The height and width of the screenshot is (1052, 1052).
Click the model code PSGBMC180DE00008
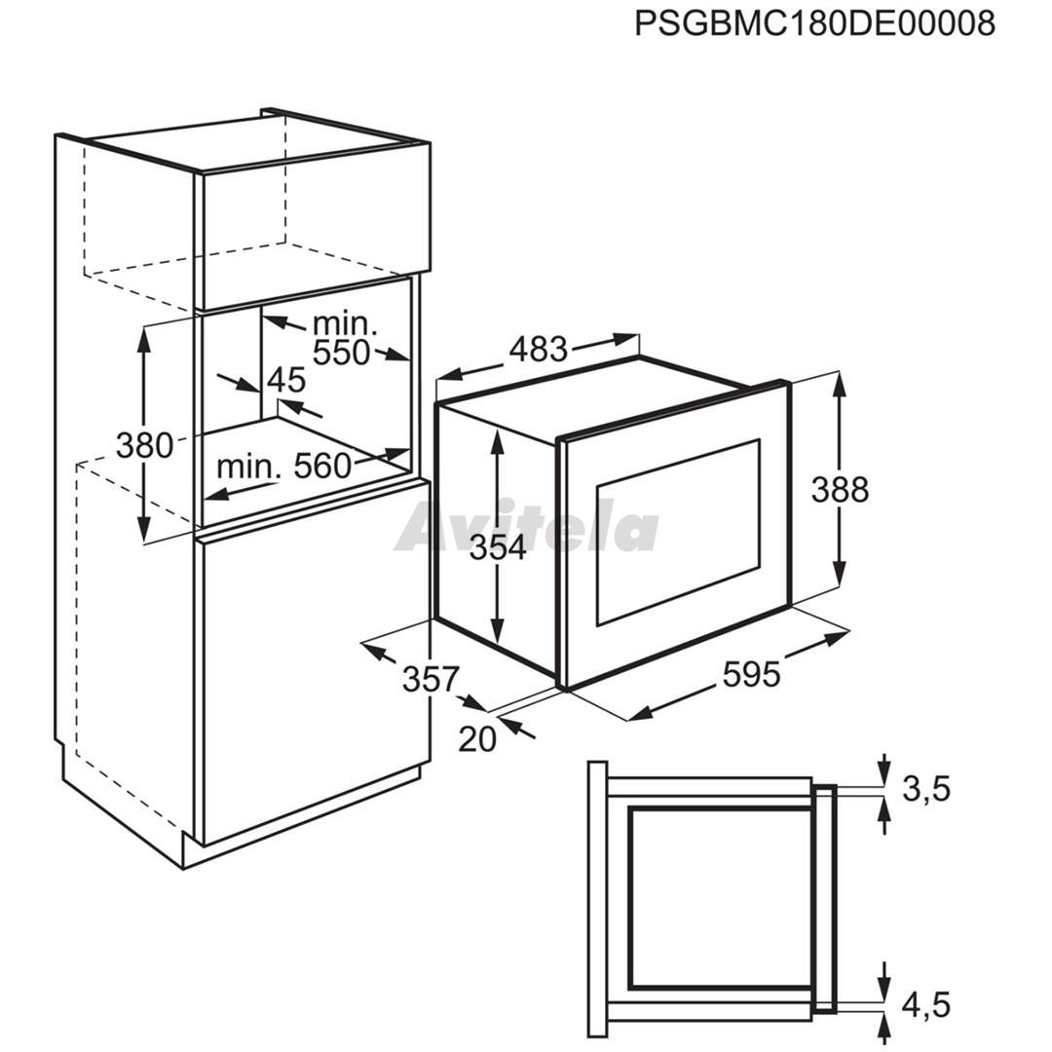point(814,24)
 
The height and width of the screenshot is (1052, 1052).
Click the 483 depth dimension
point(538,350)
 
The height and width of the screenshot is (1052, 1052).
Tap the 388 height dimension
point(840,490)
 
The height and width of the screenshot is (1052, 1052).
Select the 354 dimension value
point(498,548)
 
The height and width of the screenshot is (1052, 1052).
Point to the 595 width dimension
point(751,674)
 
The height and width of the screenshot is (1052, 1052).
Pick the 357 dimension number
point(431,679)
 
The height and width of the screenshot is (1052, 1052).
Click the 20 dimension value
point(477,738)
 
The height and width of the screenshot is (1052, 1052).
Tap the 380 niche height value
point(144,445)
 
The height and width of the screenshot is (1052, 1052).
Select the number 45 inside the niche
point(286,381)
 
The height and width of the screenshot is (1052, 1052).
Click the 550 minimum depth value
point(342,353)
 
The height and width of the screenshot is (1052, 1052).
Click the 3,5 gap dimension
point(926,790)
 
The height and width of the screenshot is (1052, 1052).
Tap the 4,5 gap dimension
point(926,1005)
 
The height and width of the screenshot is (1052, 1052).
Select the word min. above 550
point(346,324)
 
